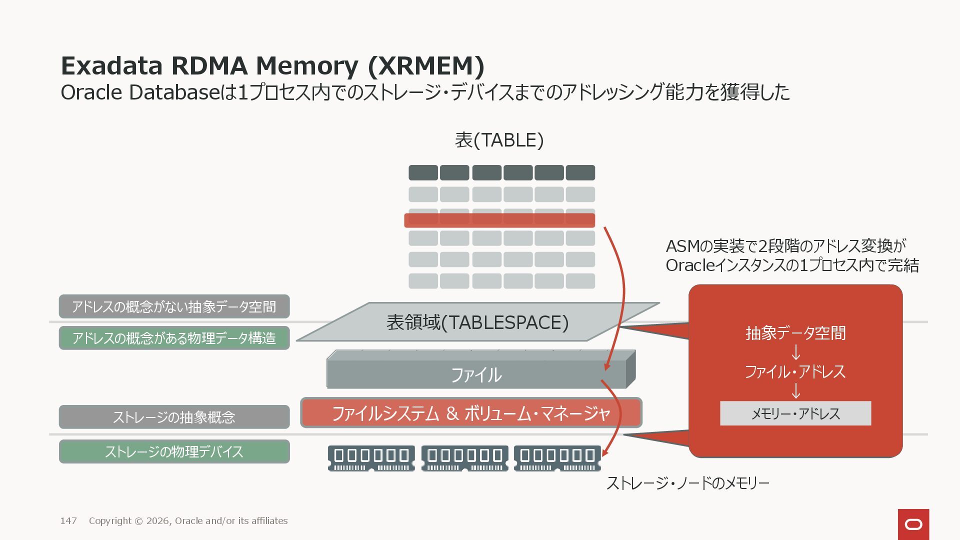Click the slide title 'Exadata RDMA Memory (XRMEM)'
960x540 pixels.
pos(272,65)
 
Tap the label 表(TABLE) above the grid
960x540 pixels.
pos(499,140)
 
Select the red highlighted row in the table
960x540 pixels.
pos(499,220)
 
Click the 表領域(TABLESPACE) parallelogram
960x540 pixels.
pos(477,322)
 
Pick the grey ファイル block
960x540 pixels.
pos(476,374)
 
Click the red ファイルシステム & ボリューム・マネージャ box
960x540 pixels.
pos(471,413)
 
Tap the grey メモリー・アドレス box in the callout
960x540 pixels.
pos(795,413)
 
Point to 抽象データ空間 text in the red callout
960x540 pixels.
pos(795,333)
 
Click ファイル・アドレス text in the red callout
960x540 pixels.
pos(795,371)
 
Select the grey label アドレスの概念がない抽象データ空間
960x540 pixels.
pos(174,306)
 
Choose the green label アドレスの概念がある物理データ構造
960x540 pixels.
pos(174,338)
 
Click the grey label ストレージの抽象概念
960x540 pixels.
pos(174,417)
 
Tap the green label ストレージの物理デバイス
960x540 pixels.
pos(174,451)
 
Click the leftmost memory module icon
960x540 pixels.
pos(371,458)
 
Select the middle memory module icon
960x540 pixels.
pos(464,458)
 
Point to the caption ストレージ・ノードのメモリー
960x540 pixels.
pos(687,483)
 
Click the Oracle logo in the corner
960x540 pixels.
pos(913,524)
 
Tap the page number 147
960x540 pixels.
pos(68,521)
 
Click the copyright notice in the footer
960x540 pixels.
pos(188,521)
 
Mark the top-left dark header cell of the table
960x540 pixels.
pos(423,172)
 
